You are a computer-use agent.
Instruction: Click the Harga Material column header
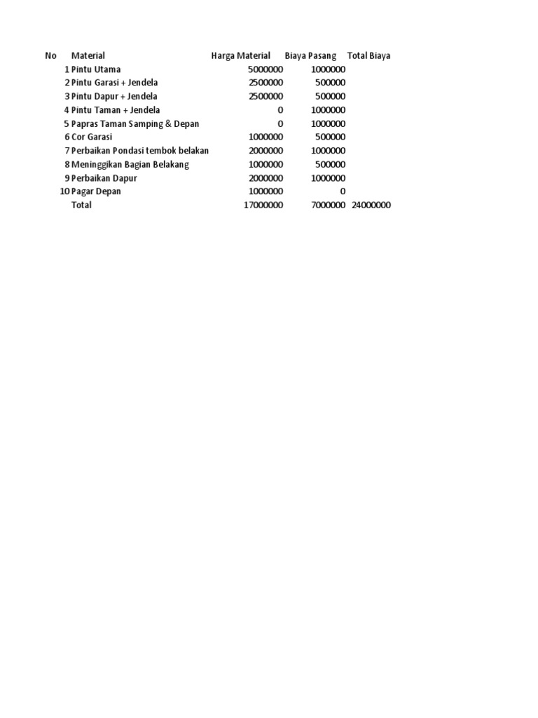coord(240,55)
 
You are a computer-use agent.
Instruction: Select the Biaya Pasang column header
coord(310,55)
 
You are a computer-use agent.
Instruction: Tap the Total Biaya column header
coord(368,55)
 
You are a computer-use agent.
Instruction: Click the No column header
coord(50,55)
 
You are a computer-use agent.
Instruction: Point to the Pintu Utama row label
coord(96,69)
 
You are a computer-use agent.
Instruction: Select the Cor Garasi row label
coord(92,137)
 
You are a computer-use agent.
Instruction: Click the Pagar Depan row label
coord(96,191)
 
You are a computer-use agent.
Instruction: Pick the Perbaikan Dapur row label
coord(104,178)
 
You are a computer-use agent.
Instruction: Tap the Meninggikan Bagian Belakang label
coord(130,164)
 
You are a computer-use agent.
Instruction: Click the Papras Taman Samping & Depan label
coord(135,124)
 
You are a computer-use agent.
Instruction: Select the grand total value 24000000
coord(371,205)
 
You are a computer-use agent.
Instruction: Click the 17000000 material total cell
coord(263,205)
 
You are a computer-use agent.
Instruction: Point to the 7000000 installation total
coord(329,205)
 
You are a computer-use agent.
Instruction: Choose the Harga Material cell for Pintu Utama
coord(265,69)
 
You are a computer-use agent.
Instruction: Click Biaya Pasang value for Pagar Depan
coord(343,191)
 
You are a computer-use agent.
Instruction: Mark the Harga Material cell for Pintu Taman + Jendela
coord(280,110)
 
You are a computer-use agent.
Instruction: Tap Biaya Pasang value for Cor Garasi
coord(331,137)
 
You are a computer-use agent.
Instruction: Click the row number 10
coord(64,191)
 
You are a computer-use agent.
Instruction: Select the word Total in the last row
coord(81,205)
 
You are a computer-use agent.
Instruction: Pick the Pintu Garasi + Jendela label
coord(114,83)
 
